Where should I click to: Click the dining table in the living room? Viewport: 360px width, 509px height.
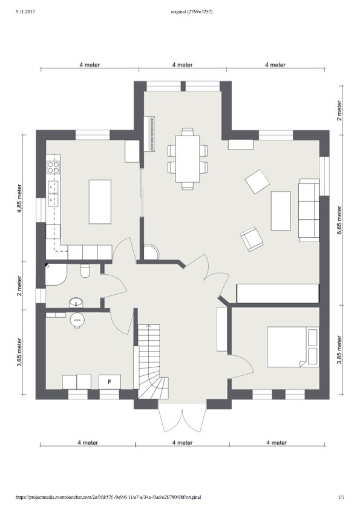[188, 159]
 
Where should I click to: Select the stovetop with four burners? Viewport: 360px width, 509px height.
[53, 167]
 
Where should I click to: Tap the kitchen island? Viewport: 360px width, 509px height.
[100, 202]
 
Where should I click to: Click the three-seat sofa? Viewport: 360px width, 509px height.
[309, 210]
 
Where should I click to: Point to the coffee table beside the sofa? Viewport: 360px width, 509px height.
[281, 211]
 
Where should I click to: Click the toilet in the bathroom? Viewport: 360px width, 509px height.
[85, 271]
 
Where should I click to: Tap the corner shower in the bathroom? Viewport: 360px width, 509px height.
[56, 274]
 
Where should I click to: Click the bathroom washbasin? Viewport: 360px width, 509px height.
[76, 303]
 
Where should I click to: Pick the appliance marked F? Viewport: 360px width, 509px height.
[110, 382]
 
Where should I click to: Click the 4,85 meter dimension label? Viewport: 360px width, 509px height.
[20, 199]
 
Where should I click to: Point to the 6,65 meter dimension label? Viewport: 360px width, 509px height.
[339, 220]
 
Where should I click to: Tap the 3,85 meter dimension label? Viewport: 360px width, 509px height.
[339, 350]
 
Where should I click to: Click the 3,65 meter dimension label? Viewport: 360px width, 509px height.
[20, 352]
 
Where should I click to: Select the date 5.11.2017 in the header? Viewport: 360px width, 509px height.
[25, 12]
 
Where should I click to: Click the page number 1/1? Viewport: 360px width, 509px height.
[341, 497]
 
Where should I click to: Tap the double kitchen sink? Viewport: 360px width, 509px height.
[53, 194]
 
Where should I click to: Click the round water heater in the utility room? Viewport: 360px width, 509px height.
[77, 320]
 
